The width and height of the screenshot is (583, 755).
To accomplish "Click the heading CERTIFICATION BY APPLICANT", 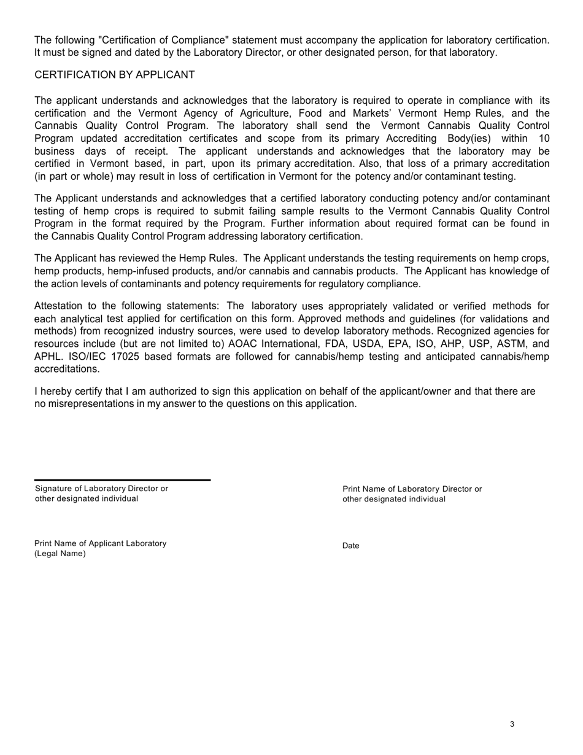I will (114, 75).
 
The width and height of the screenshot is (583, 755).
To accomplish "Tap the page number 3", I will (512, 724).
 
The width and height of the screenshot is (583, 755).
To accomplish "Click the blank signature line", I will (122, 479).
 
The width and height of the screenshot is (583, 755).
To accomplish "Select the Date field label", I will (351, 546).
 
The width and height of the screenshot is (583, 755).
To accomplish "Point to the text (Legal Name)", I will (60, 554).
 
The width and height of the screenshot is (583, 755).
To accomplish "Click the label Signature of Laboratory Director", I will (101, 489).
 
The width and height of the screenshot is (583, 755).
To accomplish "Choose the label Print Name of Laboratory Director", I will (412, 489).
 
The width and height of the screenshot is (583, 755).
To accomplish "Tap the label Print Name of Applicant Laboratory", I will (100, 543).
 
